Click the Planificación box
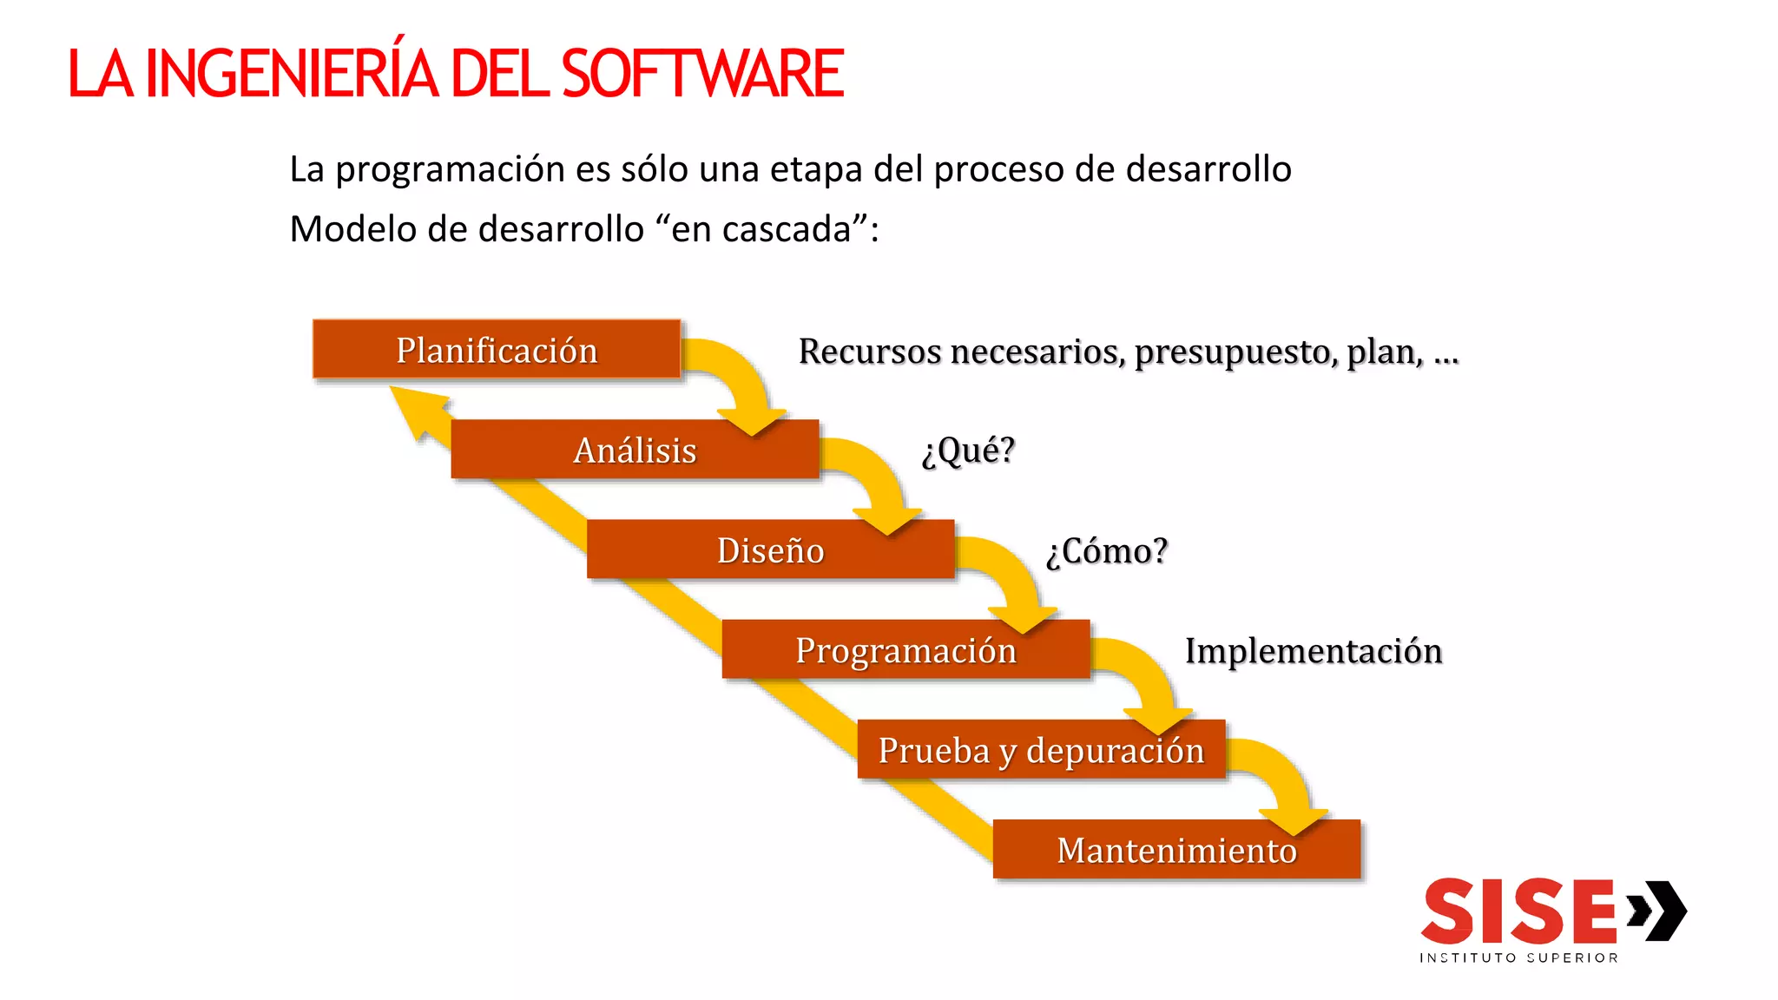point(496,350)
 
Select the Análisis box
point(635,450)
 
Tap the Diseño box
point(770,549)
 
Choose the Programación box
point(905,649)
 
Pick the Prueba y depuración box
point(1041,749)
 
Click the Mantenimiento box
point(1176,849)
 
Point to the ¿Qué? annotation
point(968,450)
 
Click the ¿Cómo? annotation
point(1107,550)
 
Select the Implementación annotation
point(1314,650)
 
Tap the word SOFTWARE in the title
point(702,73)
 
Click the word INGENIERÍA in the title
point(292,73)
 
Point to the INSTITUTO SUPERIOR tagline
point(1518,957)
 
